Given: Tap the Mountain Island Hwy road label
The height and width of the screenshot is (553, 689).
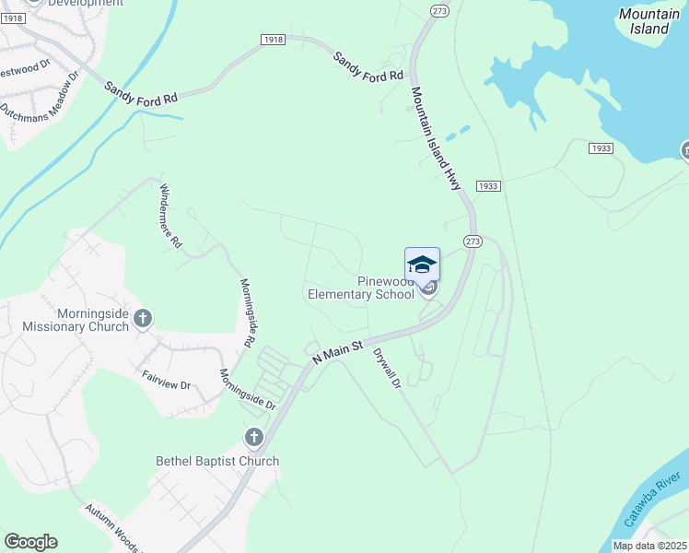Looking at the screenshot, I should [436, 138].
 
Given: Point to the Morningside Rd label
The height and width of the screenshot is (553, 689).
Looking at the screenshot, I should [247, 313].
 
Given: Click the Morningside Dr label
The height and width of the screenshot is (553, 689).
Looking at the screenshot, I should [246, 389].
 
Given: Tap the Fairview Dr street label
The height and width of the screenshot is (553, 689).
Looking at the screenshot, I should [166, 379].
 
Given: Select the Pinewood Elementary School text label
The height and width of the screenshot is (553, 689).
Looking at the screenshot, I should [360, 288].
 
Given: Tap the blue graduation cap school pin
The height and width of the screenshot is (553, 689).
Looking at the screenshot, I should [422, 265].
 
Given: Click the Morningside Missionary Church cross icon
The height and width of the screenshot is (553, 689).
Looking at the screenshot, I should [143, 319].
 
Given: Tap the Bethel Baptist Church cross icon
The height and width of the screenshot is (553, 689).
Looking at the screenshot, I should [254, 437].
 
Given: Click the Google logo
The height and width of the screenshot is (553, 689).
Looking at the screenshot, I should [30, 542].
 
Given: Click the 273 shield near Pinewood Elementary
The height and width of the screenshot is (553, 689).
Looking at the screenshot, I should [473, 241].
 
